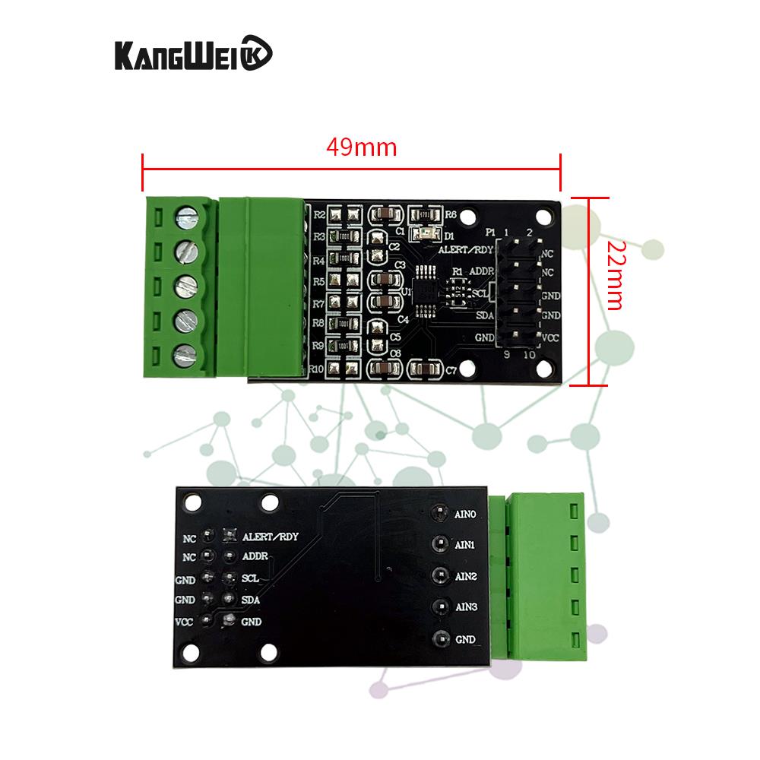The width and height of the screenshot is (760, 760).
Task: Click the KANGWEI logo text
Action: click(x=193, y=55)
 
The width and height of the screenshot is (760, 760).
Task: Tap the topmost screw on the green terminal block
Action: click(x=187, y=217)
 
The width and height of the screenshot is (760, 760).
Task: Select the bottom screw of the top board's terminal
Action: click(x=187, y=355)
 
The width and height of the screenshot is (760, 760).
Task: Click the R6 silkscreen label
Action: click(x=451, y=215)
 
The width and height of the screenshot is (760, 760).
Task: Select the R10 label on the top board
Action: click(x=318, y=369)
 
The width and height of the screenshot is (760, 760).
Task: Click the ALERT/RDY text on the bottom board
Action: click(x=271, y=536)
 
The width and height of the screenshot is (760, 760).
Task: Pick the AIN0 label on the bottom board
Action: click(x=465, y=514)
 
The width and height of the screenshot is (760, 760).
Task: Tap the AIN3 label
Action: click(x=465, y=607)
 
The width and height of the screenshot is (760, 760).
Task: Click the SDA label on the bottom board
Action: click(x=252, y=600)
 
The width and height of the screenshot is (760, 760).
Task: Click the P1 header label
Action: click(x=491, y=232)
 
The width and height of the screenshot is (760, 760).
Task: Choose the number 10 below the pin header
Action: click(x=529, y=355)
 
